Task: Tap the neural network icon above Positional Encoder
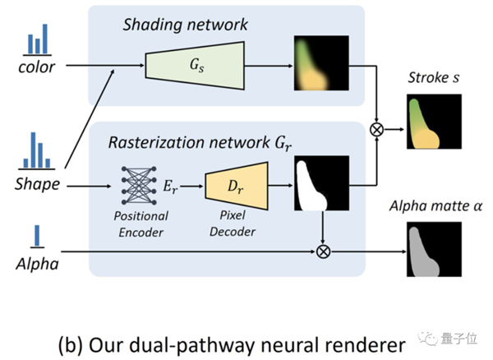pos(139,187)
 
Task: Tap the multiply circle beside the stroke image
pos(378,129)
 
